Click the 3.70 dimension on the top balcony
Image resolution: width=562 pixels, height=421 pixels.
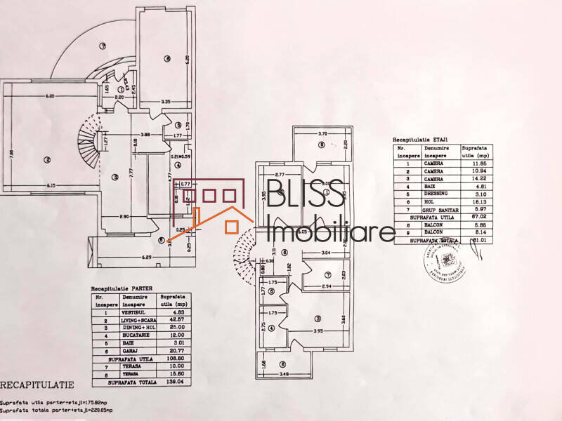pos(323,133)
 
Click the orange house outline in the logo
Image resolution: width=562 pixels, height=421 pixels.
pos(223,218)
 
